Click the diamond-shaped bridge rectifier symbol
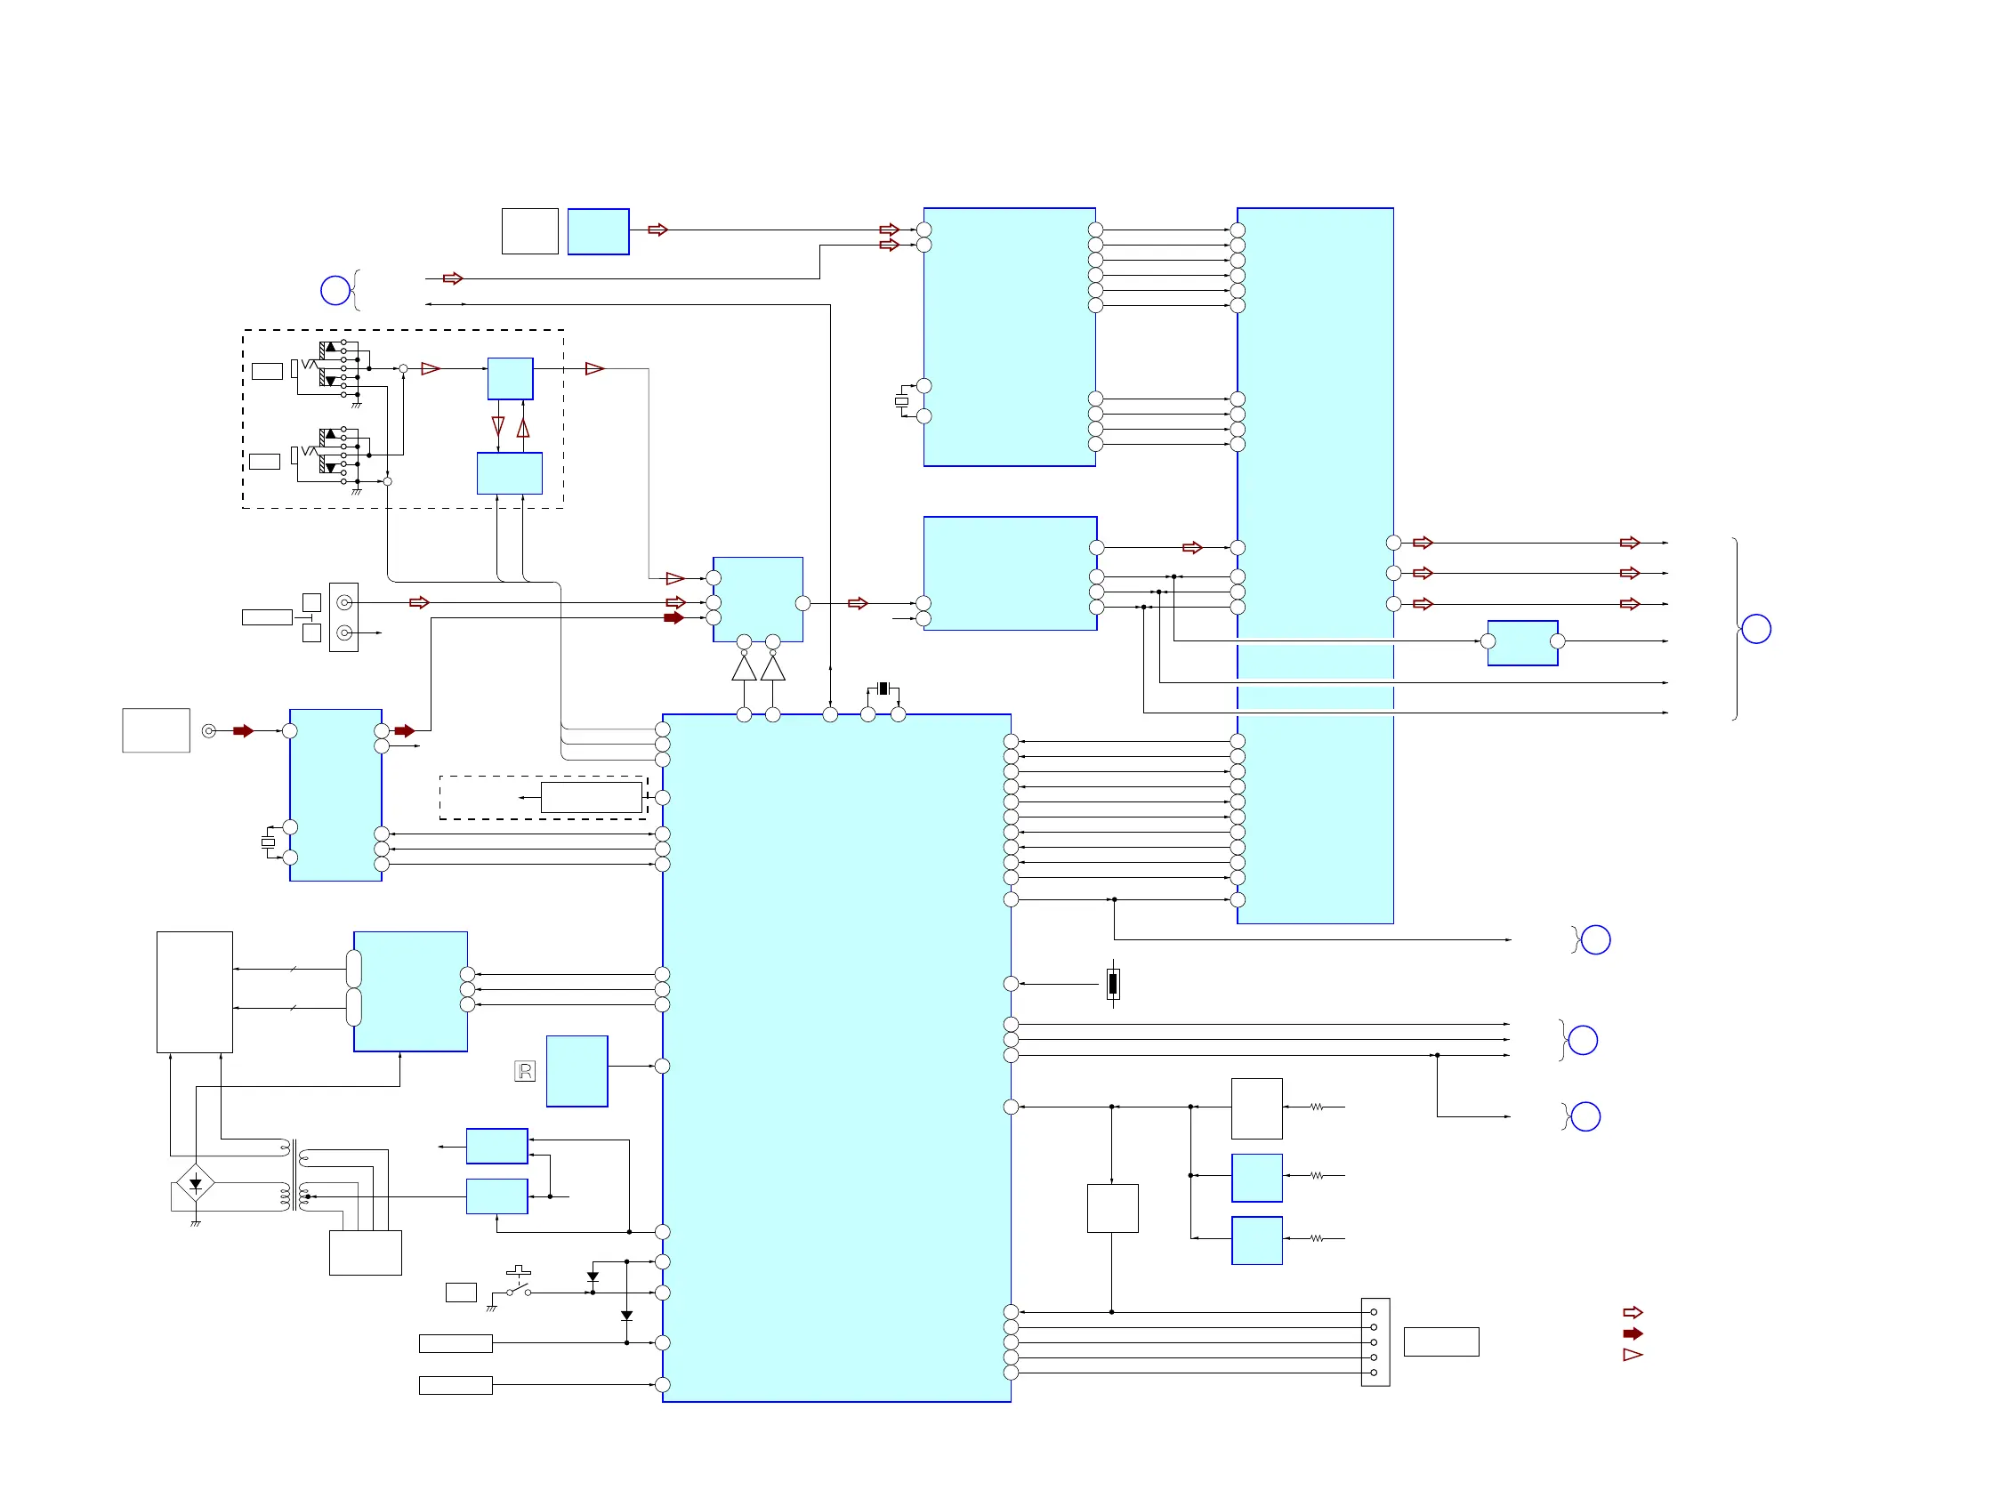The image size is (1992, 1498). [196, 1183]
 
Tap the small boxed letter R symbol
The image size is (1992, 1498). [525, 1071]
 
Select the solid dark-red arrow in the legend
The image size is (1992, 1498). [1633, 1333]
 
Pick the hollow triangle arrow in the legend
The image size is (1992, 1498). [1633, 1355]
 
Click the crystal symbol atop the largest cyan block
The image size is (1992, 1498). [883, 689]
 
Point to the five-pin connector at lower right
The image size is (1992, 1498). [1375, 1342]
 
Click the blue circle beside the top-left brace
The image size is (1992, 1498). [335, 290]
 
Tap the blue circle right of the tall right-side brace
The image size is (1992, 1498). [1756, 629]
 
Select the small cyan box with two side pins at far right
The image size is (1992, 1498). [1523, 643]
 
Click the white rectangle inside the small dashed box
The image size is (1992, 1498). [591, 798]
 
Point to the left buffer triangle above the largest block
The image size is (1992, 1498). [744, 669]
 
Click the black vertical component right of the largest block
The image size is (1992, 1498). [1113, 984]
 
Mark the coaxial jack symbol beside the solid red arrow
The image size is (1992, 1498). [209, 731]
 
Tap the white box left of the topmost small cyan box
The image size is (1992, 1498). [529, 231]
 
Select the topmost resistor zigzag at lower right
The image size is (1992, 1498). [1317, 1107]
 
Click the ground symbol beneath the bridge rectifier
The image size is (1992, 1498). [196, 1223]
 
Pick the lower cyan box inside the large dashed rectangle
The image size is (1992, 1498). [510, 473]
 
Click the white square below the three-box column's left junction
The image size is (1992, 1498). [1113, 1208]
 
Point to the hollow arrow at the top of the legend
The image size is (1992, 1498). [1633, 1313]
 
